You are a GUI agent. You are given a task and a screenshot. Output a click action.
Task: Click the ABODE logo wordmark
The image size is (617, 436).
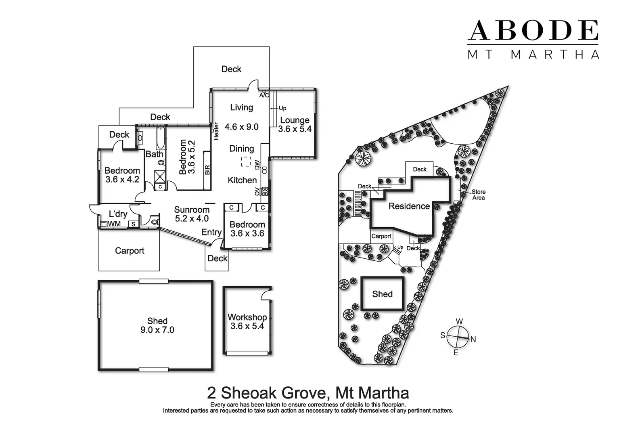click(x=533, y=31)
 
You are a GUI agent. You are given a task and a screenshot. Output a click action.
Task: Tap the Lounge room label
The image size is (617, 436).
click(x=295, y=120)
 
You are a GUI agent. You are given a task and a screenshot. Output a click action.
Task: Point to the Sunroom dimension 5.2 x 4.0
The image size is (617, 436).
click(x=192, y=219)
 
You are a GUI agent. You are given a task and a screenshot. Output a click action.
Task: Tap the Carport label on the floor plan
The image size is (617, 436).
click(x=130, y=251)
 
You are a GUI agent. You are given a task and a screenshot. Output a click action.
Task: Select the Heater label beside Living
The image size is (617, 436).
click(x=216, y=131)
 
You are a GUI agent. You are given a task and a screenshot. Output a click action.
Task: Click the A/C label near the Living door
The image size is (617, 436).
click(x=264, y=95)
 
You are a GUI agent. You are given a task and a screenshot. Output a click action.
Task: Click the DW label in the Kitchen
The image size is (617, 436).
click(x=257, y=164)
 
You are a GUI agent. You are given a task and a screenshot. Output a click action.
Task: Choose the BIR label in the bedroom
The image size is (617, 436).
click(x=207, y=170)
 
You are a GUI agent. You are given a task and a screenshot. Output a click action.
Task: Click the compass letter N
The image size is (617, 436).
click(x=473, y=340)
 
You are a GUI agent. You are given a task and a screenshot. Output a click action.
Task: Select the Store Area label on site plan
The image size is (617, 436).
click(x=478, y=195)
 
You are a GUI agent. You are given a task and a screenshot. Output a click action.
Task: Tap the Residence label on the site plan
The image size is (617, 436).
click(x=409, y=206)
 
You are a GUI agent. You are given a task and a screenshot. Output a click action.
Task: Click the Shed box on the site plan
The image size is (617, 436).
click(x=382, y=294)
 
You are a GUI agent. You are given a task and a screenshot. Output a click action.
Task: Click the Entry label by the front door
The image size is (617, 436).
click(x=211, y=232)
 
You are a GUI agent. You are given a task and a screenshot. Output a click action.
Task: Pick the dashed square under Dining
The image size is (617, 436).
click(x=246, y=161)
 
